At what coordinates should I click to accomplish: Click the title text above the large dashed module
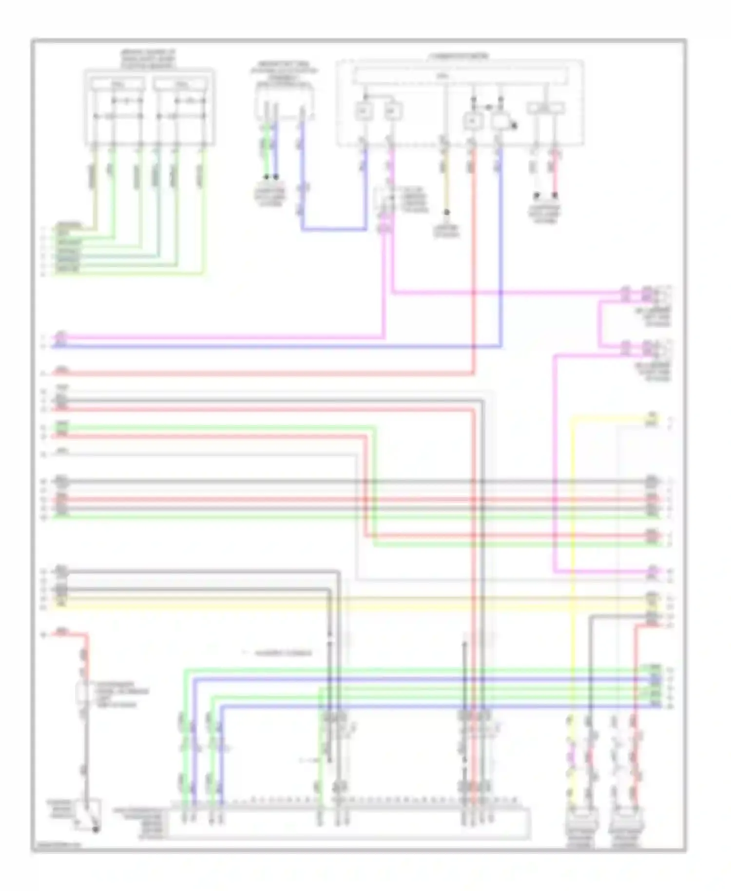pos(458,57)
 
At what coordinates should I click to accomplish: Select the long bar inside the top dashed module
pos(460,76)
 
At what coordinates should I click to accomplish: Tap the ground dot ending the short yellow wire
pos(446,213)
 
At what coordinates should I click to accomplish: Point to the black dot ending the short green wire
pos(267,177)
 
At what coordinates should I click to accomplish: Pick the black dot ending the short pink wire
pos(555,195)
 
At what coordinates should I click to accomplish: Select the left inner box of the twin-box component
pos(118,84)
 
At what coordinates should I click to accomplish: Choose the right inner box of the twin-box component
pos(181,84)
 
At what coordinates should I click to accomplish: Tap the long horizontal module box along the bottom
pos(348,824)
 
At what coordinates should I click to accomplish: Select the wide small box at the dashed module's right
pos(546,108)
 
